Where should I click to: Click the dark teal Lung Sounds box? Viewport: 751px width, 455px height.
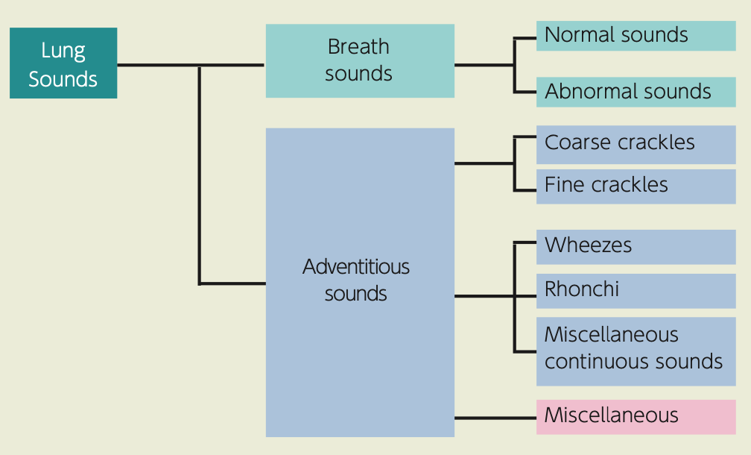[x=63, y=63]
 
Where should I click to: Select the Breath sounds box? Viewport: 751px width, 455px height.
[x=360, y=61]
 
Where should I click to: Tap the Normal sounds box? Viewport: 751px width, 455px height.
[x=636, y=36]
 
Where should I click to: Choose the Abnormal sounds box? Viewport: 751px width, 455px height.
[x=636, y=92]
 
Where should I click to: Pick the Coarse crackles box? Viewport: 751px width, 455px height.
[x=636, y=145]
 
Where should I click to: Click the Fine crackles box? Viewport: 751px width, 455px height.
[x=636, y=186]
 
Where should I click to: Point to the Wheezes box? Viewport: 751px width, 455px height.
[x=636, y=247]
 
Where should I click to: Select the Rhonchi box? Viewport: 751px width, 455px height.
[x=636, y=291]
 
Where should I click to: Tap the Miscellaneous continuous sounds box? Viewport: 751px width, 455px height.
[x=636, y=351]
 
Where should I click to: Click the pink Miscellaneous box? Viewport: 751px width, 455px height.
[x=636, y=417]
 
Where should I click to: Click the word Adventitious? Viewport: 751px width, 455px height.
[x=356, y=266]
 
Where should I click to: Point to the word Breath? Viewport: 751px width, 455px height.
[x=358, y=47]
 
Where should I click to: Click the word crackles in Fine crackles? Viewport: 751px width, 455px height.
[x=630, y=184]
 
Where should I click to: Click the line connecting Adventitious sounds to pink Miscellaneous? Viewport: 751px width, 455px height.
[x=495, y=418]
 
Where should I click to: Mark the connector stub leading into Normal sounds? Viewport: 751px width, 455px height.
[x=525, y=38]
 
